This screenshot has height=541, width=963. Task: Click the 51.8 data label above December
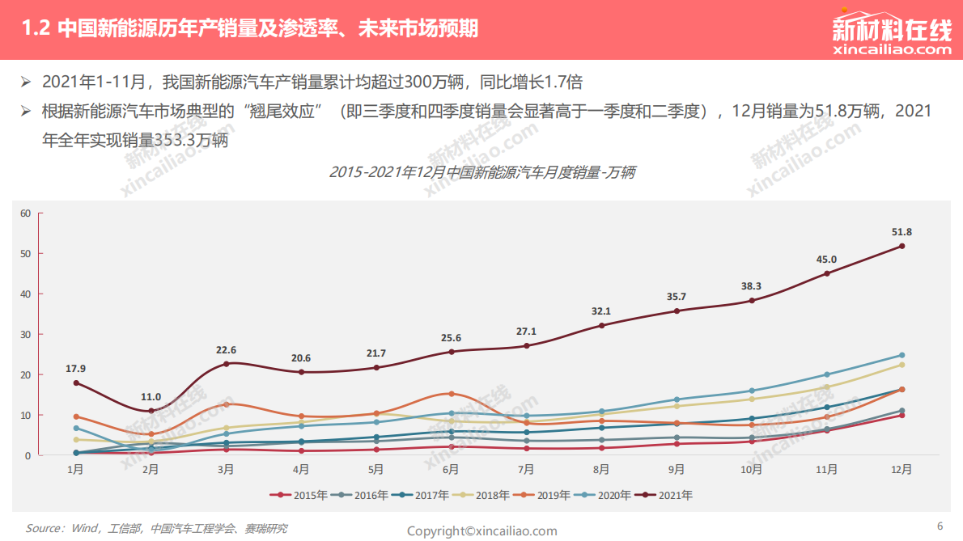[901, 232]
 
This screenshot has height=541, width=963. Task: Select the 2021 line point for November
[826, 273]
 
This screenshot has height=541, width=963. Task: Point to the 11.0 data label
[151, 397]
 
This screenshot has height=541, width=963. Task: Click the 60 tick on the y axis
[25, 213]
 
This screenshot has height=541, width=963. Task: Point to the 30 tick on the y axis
[25, 335]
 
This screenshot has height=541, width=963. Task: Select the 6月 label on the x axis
[451, 469]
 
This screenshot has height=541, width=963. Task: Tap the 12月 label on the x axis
[901, 469]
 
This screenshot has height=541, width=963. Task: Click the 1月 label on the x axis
[75, 469]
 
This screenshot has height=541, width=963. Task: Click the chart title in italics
[481, 172]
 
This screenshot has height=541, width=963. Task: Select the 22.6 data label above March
[226, 350]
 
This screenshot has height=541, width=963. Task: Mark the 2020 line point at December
[901, 355]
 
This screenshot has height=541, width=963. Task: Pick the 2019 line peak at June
[451, 394]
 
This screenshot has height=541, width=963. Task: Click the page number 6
[940, 526]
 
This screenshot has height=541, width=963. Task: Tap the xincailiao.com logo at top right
[892, 36]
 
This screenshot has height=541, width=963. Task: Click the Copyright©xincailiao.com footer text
[481, 531]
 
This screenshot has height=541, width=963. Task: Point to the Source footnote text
[156, 529]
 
